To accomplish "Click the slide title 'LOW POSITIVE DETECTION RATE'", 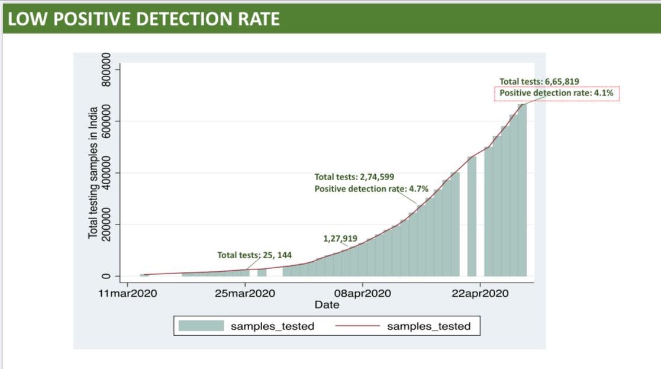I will (x=144, y=19).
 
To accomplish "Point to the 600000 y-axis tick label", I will (x=107, y=121).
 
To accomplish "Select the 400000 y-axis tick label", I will (x=107, y=173).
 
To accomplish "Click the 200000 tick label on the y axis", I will (x=107, y=224).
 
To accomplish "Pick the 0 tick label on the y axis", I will (x=107, y=276).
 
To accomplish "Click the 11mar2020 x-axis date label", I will (x=128, y=293).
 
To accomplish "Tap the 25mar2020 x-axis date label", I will (x=245, y=293).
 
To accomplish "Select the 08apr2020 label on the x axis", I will (x=363, y=293).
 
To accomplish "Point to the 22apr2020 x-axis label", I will (x=480, y=293).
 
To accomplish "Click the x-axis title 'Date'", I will (x=327, y=305).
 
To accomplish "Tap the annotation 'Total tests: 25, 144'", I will (x=254, y=255).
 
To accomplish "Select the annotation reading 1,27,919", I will (x=340, y=239).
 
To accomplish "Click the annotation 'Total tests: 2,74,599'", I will (x=354, y=177).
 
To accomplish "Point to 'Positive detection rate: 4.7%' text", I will (x=372, y=189).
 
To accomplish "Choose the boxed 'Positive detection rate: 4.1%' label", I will (x=557, y=94).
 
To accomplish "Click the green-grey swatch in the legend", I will (x=201, y=326).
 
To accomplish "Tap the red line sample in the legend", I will (x=357, y=326).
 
